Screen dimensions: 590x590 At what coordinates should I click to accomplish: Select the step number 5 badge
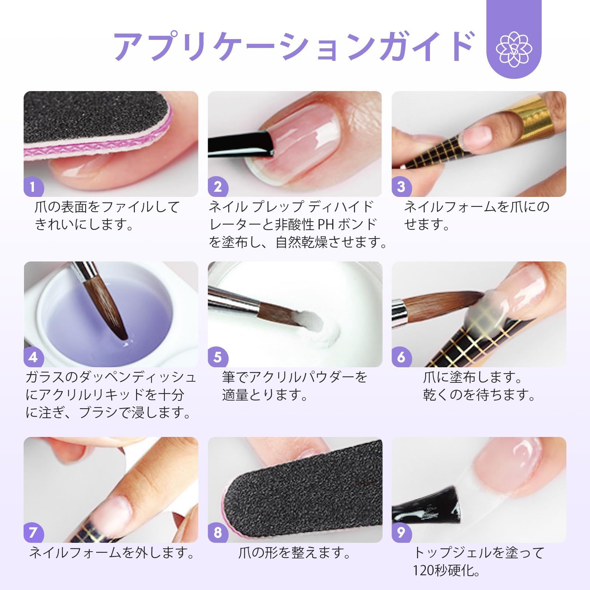pos(218,357)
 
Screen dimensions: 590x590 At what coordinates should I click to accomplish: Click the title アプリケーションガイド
pos(293,47)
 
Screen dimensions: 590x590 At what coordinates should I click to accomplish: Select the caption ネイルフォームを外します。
pos(111,553)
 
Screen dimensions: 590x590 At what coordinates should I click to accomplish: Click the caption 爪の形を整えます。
pos(294,553)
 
